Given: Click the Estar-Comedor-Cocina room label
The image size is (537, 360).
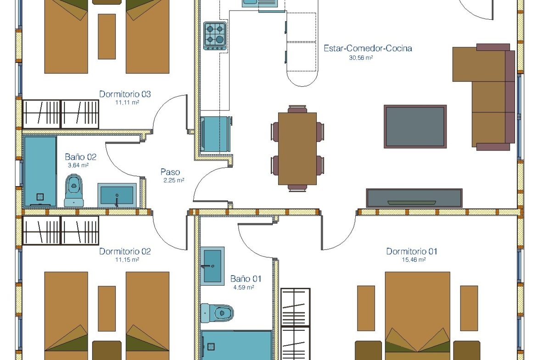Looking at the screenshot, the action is point(368,48).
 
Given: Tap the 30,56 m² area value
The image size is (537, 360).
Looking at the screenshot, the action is point(361,58).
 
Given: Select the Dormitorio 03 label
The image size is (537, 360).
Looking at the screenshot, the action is point(125,94).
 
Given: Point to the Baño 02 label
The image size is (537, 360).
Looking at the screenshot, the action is point(80,157).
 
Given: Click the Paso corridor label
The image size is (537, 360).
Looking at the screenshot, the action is point(170,172).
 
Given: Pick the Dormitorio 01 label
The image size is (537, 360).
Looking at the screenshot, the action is point(412,251).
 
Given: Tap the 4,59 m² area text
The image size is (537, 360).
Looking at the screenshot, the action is point(244,288).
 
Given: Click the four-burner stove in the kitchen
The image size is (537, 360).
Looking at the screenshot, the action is point(215,36).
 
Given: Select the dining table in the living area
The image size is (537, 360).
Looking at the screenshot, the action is point(297,149).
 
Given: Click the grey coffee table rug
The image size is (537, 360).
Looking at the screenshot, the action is point(415,127).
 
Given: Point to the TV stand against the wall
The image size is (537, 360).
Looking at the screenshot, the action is point(414,198).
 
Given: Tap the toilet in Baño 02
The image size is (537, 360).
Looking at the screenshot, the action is point(73,190).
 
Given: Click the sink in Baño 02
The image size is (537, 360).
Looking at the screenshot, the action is point(117,195).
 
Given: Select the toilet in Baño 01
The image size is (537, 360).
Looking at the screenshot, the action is point(217,313).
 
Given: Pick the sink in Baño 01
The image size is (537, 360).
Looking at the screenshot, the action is point(213,266).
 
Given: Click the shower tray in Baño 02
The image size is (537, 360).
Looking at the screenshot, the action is point(40,172).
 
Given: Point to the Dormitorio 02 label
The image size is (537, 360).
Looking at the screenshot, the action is point(125,251).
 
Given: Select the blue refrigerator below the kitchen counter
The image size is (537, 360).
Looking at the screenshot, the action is point(215,134).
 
